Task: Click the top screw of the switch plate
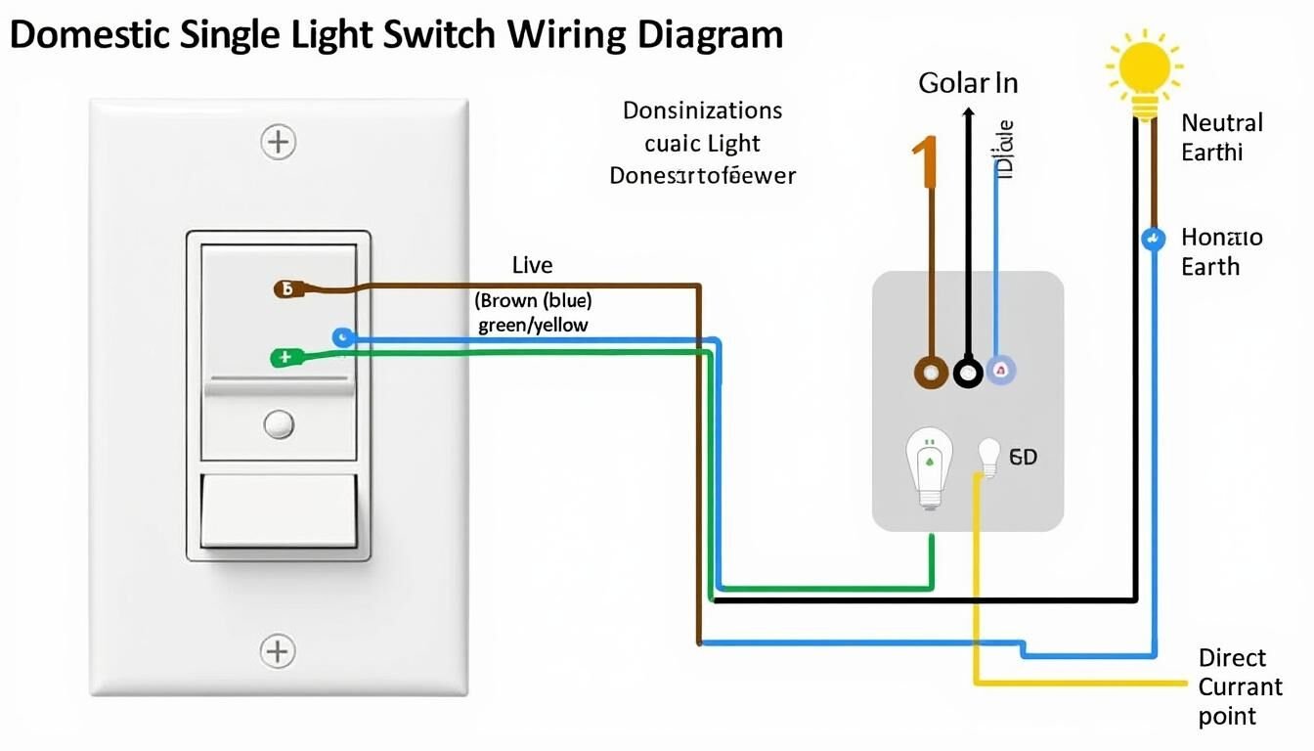pos(279,142)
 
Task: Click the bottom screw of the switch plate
pos(278,650)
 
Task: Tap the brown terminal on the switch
pos(285,289)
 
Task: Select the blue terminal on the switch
pos(341,338)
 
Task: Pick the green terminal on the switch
pos(283,358)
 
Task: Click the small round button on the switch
pos(279,424)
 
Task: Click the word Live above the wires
pos(532,265)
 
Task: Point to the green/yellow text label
pos(533,325)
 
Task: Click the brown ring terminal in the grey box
pos(930,372)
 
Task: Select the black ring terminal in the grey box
pos(968,372)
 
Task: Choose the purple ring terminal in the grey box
pos(1003,370)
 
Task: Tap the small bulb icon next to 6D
pos(989,457)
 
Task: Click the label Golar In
pos(968,83)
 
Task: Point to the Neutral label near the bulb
pos(1221,123)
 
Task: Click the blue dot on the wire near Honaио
pos(1153,238)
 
